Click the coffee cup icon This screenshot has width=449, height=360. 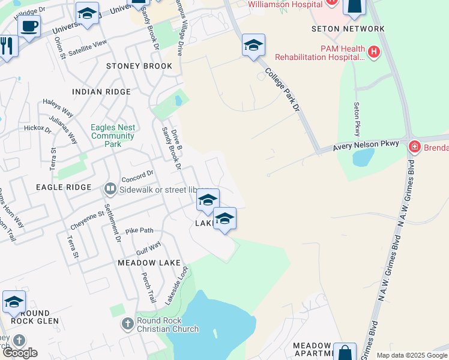click(x=29, y=26)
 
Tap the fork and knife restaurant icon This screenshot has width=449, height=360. click(x=7, y=46)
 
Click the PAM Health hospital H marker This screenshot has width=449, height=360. click(x=375, y=52)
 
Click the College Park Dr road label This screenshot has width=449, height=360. click(x=282, y=90)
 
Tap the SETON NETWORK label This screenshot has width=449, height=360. click(x=348, y=29)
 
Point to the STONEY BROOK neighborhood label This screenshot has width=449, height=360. click(x=134, y=66)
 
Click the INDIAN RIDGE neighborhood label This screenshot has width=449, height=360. click(x=101, y=92)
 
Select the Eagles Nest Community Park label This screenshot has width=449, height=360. click(x=113, y=136)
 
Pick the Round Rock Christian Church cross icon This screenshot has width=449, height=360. click(x=127, y=325)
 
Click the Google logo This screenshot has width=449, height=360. click(x=20, y=353)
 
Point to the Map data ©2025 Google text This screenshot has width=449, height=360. click(x=411, y=355)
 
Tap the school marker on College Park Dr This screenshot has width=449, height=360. click(x=253, y=46)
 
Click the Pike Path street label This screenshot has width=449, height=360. click(x=139, y=230)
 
